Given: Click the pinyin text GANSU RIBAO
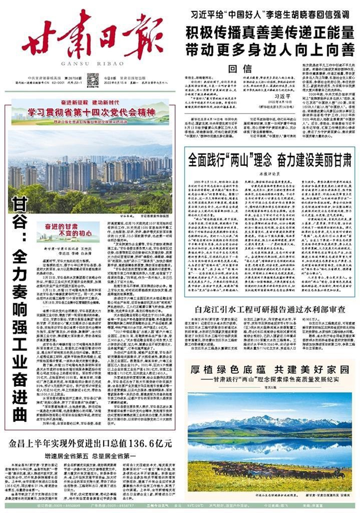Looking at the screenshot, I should click(92, 64).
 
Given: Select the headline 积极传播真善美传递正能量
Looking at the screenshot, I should click(270, 33).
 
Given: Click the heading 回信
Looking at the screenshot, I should click(240, 69).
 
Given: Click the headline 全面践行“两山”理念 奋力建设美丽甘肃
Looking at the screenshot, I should click(270, 160).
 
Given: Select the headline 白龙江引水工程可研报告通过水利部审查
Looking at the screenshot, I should click(270, 310).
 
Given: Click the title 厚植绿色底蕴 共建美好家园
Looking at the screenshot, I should click(270, 369).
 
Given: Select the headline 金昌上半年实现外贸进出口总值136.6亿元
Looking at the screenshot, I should click(90, 443).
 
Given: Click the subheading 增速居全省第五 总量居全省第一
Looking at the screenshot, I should click(90, 456).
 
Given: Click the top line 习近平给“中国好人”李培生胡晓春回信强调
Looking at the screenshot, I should click(270, 15).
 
